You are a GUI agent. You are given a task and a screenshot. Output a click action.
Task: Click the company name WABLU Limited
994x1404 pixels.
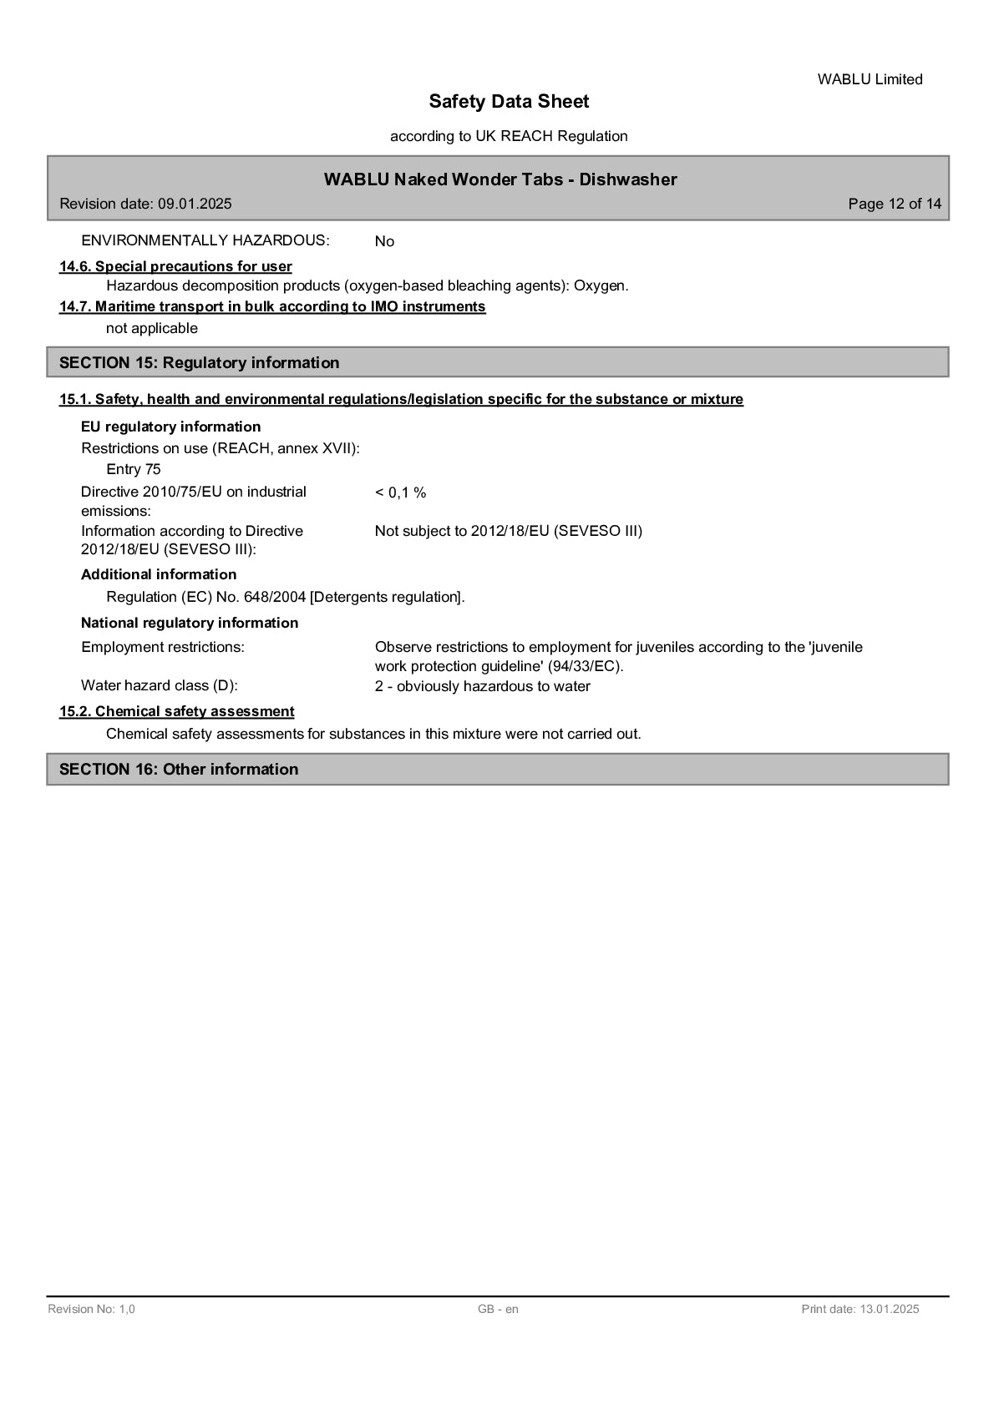(x=870, y=79)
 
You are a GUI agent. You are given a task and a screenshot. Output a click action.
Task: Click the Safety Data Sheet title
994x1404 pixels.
(x=509, y=102)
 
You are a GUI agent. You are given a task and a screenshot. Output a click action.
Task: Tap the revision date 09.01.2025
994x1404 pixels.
(x=195, y=204)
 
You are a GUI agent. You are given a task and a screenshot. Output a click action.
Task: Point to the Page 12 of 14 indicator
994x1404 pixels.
(x=894, y=204)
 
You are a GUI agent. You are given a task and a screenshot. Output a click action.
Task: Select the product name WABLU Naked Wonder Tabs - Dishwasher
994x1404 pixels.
(x=500, y=179)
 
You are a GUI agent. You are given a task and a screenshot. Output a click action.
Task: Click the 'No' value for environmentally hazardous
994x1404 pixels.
(x=384, y=241)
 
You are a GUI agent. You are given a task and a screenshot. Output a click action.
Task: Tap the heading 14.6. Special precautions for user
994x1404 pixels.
(x=175, y=266)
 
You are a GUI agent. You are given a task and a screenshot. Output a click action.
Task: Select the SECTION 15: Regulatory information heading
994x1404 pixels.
(x=200, y=362)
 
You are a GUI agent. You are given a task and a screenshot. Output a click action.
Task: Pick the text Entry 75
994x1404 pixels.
(x=134, y=469)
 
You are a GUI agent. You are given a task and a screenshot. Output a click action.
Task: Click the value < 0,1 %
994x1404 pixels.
(x=400, y=492)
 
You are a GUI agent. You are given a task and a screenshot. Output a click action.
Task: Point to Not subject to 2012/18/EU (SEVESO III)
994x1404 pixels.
(x=508, y=531)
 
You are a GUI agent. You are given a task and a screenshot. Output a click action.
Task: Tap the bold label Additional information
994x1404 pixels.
(x=159, y=574)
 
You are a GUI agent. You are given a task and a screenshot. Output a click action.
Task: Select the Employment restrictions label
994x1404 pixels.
(x=163, y=647)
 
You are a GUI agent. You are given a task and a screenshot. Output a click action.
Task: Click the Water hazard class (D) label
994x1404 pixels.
(x=160, y=685)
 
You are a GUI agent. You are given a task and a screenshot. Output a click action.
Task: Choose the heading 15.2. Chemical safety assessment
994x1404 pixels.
(x=176, y=711)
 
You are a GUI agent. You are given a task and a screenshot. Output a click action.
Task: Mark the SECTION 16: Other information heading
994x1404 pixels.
(x=179, y=769)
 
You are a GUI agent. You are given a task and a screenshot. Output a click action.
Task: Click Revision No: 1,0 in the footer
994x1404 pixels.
(x=91, y=1309)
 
